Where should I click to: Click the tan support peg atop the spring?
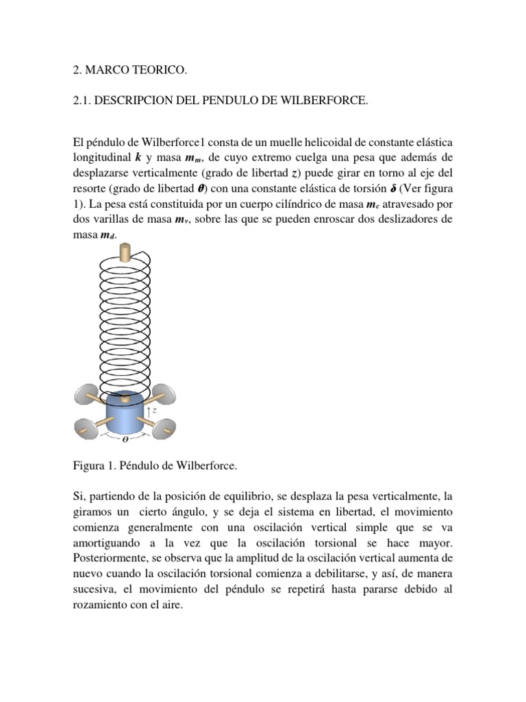coord(125,252)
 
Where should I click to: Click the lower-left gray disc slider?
coord(85,428)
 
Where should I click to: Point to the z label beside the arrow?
coord(155,410)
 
